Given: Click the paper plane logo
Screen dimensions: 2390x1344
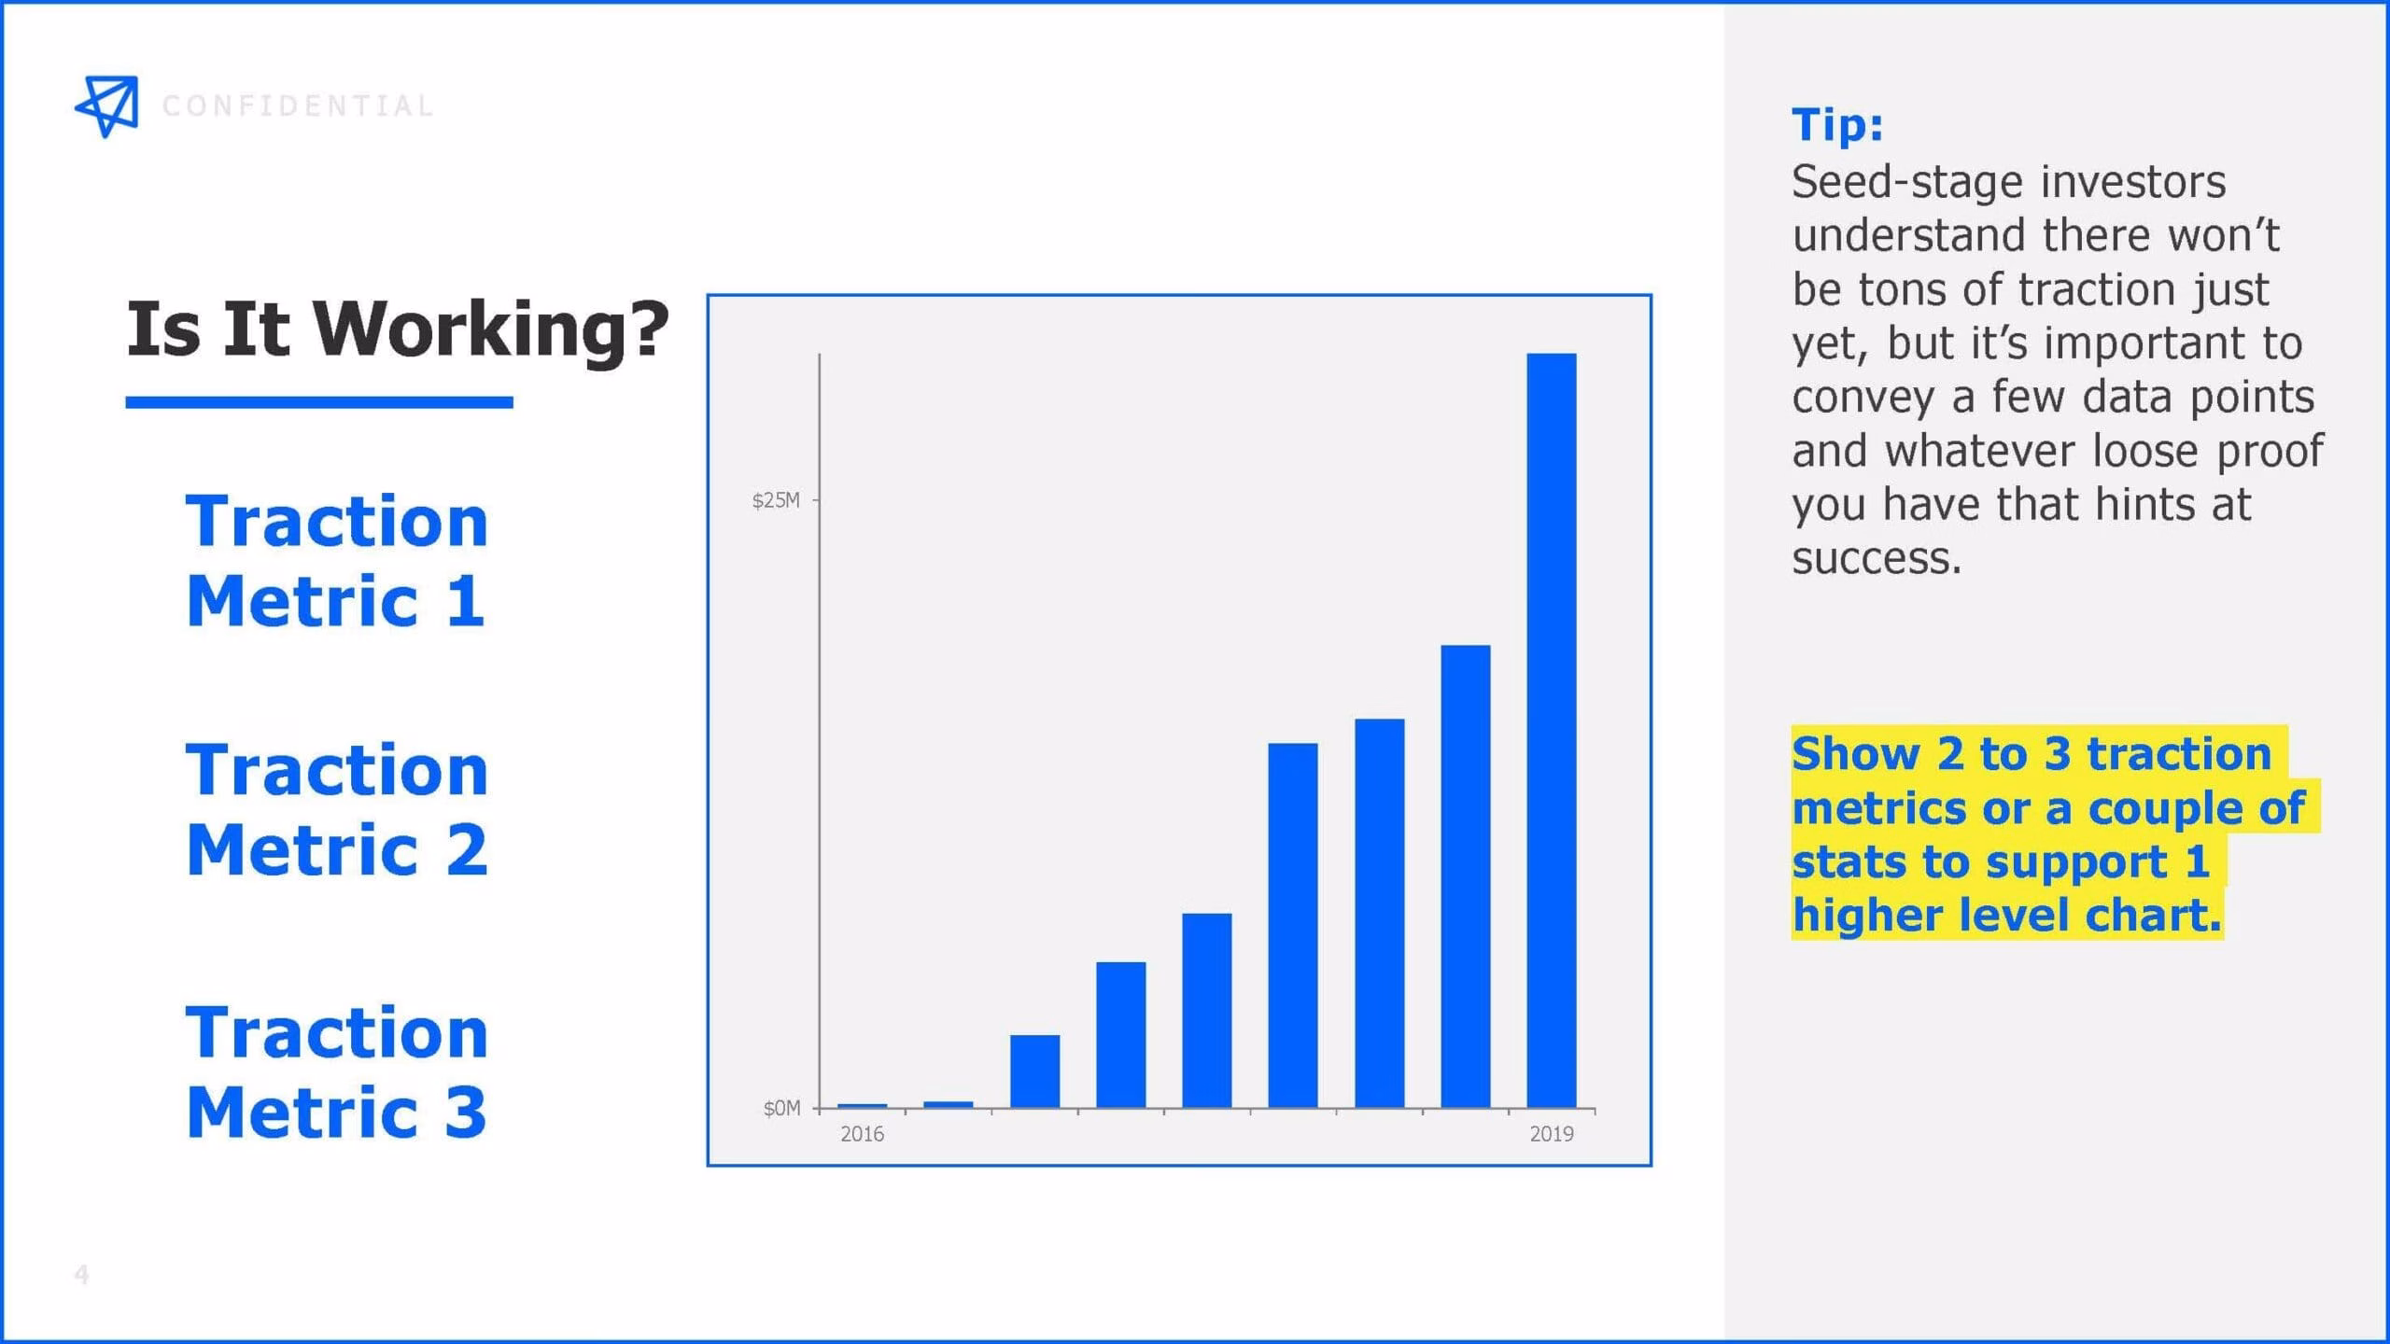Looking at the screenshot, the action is [107, 106].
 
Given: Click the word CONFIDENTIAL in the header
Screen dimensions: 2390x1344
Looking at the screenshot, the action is [299, 106].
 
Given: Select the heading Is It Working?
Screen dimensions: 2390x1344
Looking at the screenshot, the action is [398, 330].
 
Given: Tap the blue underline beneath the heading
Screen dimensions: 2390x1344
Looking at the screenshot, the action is [319, 402].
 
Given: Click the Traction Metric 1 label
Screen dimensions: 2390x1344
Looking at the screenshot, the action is [337, 560].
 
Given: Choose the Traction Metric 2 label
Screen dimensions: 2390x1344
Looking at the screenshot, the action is [337, 809].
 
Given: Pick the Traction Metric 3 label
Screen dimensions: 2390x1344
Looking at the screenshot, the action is [337, 1072].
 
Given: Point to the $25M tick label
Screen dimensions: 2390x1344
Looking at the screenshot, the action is [776, 500].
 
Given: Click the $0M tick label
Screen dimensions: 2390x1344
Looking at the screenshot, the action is [781, 1108].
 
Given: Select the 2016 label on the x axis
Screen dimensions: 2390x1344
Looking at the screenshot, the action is [862, 1134].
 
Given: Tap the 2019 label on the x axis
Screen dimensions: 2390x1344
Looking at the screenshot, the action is [1552, 1134].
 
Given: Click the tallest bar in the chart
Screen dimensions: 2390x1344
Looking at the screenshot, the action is [1552, 730].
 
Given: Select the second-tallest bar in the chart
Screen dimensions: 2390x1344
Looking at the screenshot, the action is [1466, 876].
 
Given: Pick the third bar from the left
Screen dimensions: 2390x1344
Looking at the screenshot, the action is [1035, 1071].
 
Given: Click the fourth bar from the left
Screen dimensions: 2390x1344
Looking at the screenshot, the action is [1121, 1035].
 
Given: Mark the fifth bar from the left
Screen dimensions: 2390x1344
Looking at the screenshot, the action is [1207, 1011].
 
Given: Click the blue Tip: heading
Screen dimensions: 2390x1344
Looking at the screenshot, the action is [1837, 124].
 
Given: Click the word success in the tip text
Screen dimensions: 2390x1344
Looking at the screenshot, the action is [1877, 558].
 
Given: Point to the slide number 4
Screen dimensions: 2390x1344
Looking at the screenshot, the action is [82, 1274].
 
